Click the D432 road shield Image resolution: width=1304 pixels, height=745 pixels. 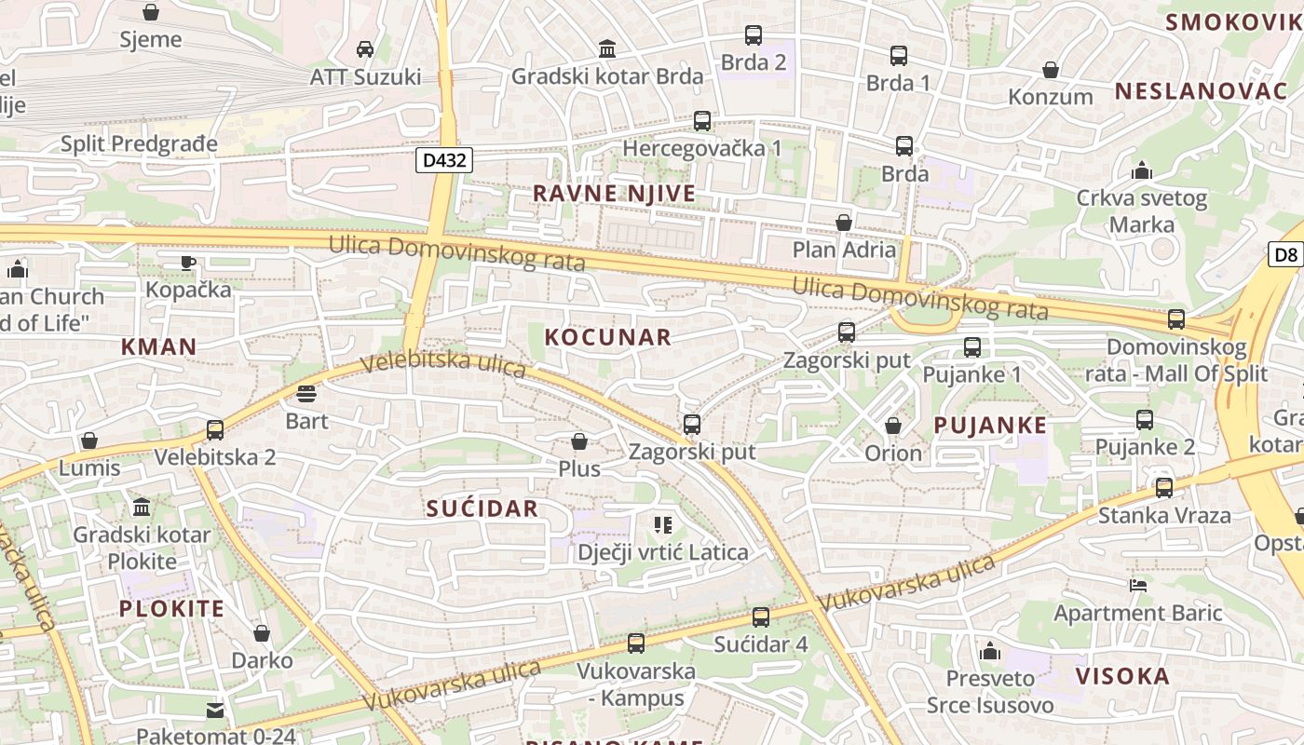click(x=443, y=160)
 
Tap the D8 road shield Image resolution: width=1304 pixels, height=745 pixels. click(x=1285, y=254)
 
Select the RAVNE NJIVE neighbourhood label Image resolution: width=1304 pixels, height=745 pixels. click(x=614, y=194)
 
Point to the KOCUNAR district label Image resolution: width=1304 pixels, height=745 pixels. click(x=607, y=337)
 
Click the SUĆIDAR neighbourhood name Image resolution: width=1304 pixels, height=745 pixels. click(x=482, y=508)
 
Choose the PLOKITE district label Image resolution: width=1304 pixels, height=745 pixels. click(x=171, y=609)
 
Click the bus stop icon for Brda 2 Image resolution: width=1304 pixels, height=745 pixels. click(x=754, y=36)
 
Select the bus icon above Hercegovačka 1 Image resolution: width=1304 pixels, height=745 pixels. click(x=702, y=121)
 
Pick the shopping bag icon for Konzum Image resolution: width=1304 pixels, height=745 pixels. click(x=1051, y=70)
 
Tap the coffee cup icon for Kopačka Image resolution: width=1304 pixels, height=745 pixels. click(x=188, y=263)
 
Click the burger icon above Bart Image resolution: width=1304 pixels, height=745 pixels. click(x=306, y=394)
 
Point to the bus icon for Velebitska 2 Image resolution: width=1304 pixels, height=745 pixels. click(x=215, y=430)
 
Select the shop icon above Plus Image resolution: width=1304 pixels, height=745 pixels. click(x=579, y=441)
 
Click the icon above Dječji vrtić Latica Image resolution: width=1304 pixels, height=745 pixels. click(x=662, y=525)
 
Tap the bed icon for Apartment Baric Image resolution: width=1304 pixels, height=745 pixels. click(x=1137, y=586)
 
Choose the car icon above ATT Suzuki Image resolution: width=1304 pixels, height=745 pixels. click(x=365, y=49)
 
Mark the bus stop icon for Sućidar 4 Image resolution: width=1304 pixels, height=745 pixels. click(x=761, y=616)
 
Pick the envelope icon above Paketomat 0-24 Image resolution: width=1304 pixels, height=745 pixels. click(x=215, y=710)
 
